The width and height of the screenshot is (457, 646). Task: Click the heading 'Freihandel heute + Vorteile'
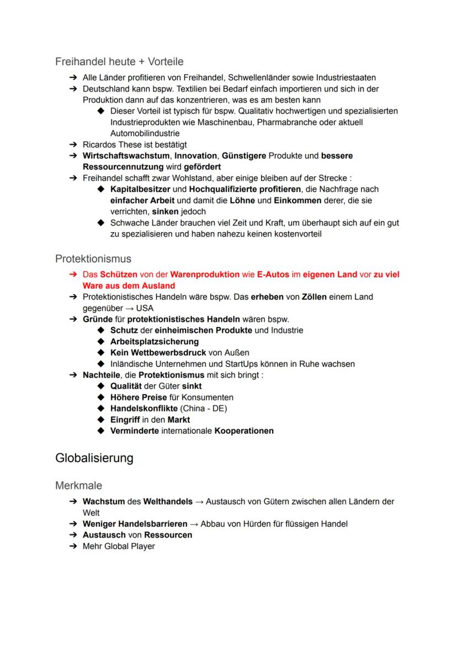click(119, 61)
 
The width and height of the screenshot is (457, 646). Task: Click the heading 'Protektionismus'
click(93, 258)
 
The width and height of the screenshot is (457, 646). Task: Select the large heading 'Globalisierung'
click(94, 458)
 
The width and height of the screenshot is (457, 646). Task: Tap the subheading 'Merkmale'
click(78, 486)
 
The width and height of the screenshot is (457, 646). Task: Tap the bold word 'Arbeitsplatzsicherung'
click(155, 342)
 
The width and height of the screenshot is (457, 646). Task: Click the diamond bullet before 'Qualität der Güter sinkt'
click(101, 386)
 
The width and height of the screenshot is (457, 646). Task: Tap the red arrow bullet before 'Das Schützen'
click(72, 275)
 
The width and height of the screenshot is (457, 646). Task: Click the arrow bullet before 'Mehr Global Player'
click(72, 546)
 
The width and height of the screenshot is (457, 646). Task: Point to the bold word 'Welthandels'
click(167, 502)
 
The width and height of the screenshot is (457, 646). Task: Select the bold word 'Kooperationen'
click(244, 430)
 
